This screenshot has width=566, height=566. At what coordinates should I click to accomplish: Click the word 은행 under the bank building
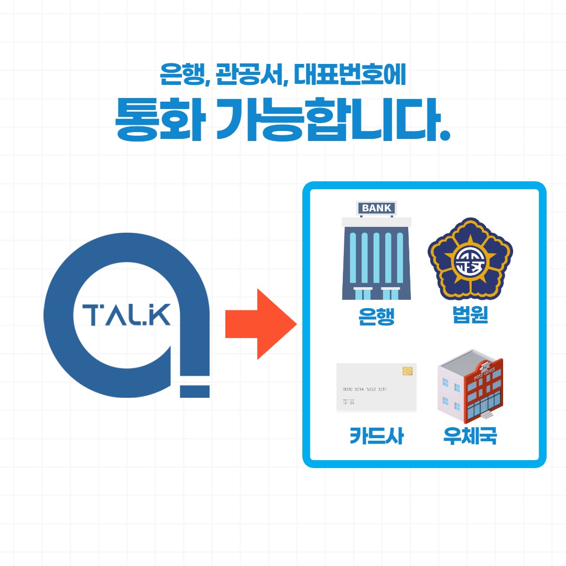[x=376, y=317]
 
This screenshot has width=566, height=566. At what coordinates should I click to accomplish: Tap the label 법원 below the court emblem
[x=470, y=315]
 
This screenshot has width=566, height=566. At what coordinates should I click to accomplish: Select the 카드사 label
[x=376, y=436]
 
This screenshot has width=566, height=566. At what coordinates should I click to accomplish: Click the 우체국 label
[x=470, y=436]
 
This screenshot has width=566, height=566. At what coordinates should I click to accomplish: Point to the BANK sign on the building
[x=376, y=208]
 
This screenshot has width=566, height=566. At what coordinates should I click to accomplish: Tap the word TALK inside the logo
[x=127, y=315]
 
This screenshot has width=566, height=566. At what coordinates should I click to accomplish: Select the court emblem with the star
[x=470, y=258]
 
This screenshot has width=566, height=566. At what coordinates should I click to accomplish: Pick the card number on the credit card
[x=365, y=389]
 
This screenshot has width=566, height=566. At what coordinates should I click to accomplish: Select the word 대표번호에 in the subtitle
[x=350, y=76]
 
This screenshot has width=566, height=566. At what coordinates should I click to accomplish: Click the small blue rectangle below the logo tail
[x=194, y=391]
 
